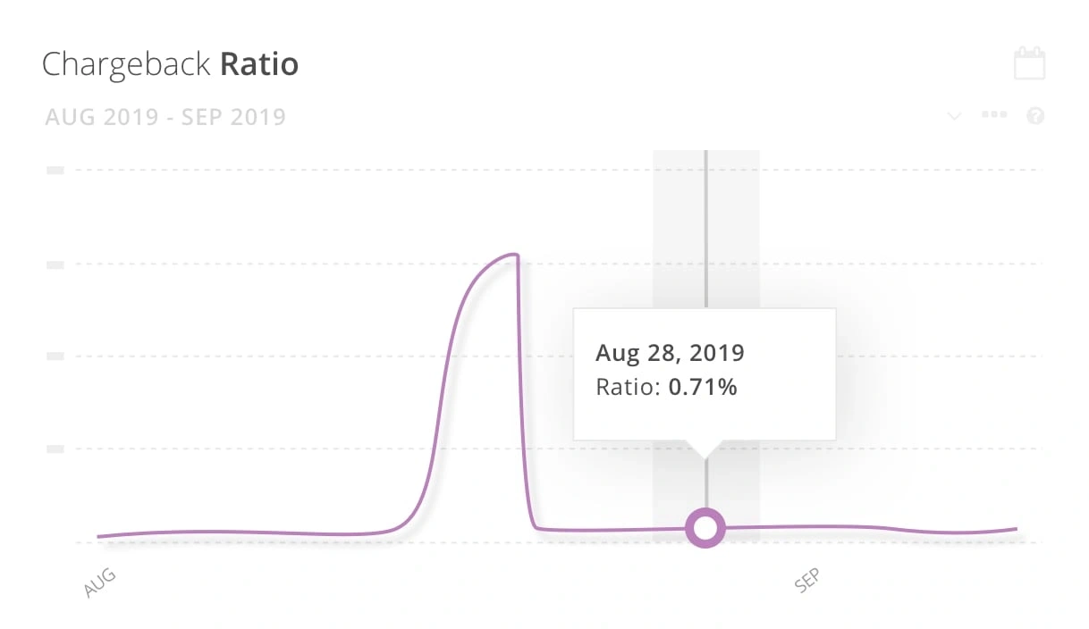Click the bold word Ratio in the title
point(259,65)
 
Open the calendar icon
point(1029,64)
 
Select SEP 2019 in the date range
point(234,117)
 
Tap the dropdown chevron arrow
point(954,116)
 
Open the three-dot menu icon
point(994,115)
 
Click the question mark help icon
point(1036,116)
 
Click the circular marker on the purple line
point(705,528)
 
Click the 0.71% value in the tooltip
point(703,388)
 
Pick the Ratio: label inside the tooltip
point(629,388)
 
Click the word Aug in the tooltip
point(616,353)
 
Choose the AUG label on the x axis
point(100,582)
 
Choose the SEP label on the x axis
point(806,582)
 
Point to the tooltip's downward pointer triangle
point(705,449)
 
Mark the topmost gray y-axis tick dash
point(55,170)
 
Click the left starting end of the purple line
point(99,536)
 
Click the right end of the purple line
point(1017,529)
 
